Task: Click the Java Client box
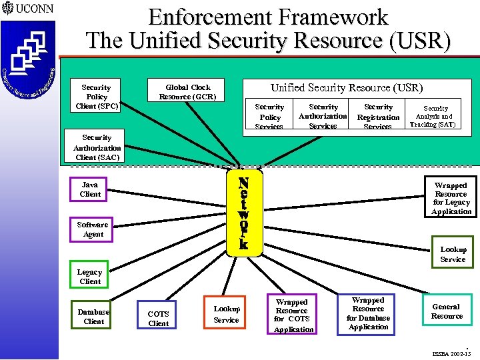coord(90,189)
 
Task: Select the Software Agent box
coord(93,229)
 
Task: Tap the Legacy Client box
coord(89,277)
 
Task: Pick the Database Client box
coord(93,317)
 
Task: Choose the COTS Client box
coord(158,318)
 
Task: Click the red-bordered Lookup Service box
coord(226,314)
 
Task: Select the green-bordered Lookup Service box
coord(453,254)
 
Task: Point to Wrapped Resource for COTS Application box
coord(292,315)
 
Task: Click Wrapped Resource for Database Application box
coord(368,314)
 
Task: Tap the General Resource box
coord(446,311)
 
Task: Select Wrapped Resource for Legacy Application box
coord(451,198)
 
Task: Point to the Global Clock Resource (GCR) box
coord(188,92)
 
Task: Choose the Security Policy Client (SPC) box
coord(96,97)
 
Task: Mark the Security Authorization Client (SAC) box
coord(97,147)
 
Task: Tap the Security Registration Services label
coord(378,117)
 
